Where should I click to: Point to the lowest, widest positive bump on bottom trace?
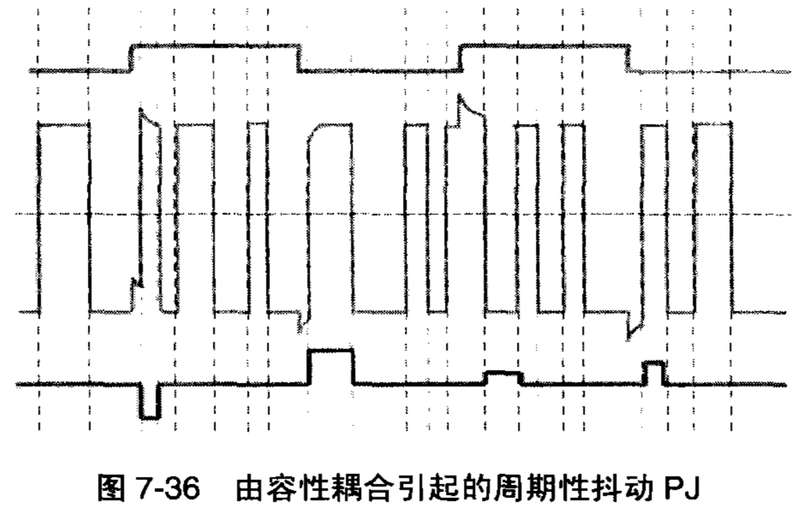[x=503, y=377]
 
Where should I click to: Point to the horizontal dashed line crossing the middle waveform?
[x=387, y=215]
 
